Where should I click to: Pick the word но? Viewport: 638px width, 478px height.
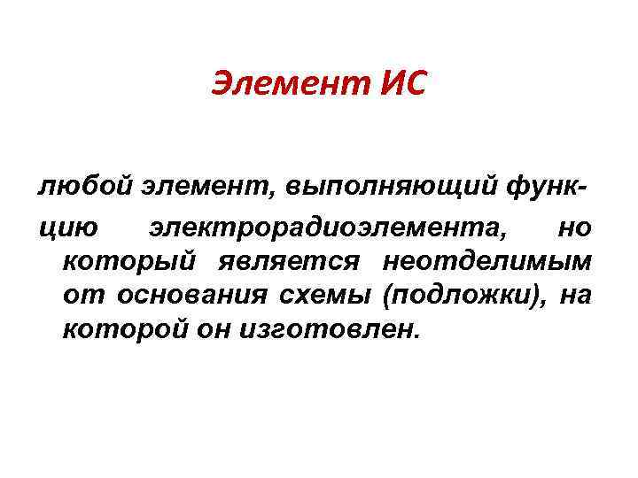pyautogui.click(x=574, y=230)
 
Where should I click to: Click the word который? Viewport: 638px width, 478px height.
pyautogui.click(x=128, y=264)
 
